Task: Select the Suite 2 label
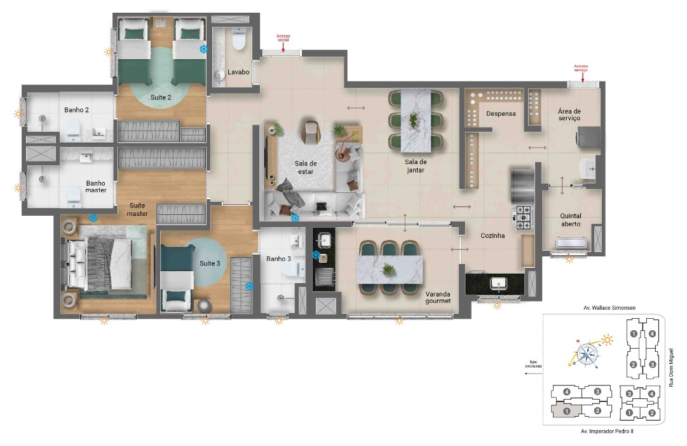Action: coord(160,97)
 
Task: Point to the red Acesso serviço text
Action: coord(581,68)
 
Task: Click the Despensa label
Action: coord(500,114)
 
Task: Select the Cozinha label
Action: coord(493,235)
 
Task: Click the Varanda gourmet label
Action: coord(438,297)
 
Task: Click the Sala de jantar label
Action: coord(414,165)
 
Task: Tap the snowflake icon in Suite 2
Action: coord(204,49)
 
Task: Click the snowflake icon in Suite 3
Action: coord(249,286)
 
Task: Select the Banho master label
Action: coord(95,186)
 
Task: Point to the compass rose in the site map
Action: coord(588,352)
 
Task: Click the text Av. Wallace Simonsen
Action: coord(609,308)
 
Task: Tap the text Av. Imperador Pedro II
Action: coord(607,431)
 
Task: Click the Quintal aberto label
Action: coord(570,220)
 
